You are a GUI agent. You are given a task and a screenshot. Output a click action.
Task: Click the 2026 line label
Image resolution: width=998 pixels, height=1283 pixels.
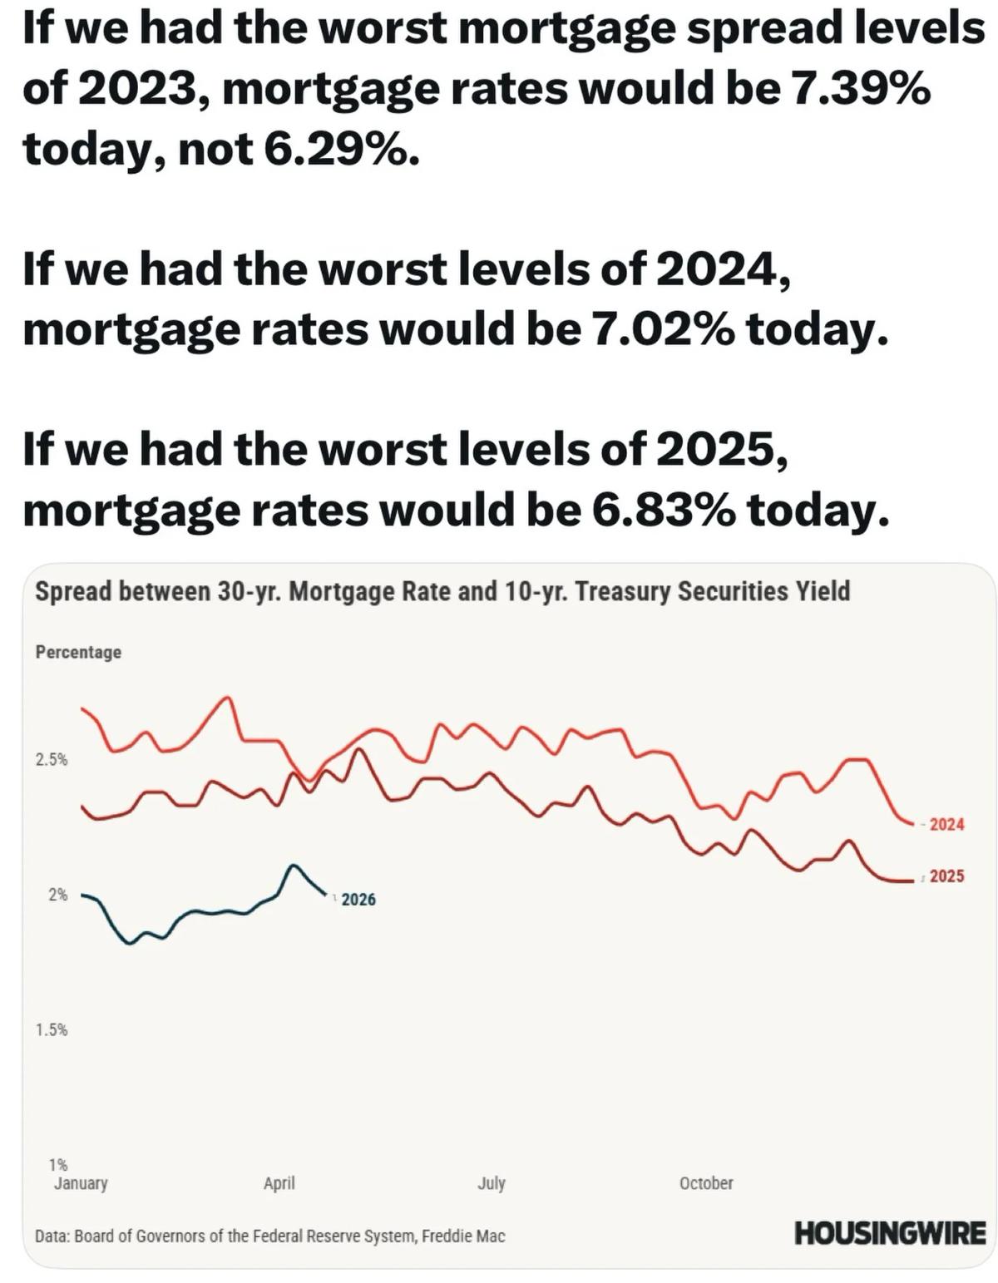pyautogui.click(x=358, y=900)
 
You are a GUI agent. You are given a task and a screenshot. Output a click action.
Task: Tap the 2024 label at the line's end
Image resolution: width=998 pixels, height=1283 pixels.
pyautogui.click(x=946, y=825)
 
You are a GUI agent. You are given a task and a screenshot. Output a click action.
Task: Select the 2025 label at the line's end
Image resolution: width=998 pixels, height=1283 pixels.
pyautogui.click(x=946, y=876)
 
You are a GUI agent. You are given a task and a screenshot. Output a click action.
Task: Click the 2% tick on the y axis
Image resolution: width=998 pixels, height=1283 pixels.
pyautogui.click(x=57, y=895)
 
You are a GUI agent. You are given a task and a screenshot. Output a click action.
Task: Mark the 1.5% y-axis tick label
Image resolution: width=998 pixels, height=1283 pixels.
pyautogui.click(x=52, y=1030)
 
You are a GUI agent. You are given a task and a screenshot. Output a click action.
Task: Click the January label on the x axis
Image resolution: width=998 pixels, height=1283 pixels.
pyautogui.click(x=81, y=1183)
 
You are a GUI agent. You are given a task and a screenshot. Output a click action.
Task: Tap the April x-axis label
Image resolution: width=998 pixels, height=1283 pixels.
pyautogui.click(x=279, y=1183)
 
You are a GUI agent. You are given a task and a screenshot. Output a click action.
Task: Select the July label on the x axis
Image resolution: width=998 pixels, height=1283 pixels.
pyautogui.click(x=492, y=1183)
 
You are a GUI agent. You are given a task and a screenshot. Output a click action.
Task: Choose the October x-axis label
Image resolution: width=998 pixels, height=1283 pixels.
pyautogui.click(x=706, y=1183)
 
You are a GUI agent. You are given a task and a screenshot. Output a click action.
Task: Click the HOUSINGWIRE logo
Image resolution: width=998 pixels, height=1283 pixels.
pyautogui.click(x=890, y=1233)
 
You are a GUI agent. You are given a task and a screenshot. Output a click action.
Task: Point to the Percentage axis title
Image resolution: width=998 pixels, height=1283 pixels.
pyautogui.click(x=78, y=653)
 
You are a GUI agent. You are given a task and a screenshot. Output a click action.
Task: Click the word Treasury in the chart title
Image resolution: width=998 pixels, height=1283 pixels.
pyautogui.click(x=622, y=591)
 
